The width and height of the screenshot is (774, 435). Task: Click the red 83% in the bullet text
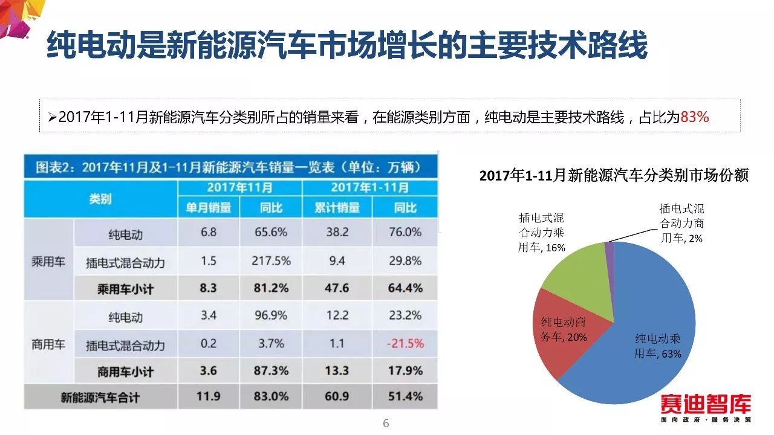point(694,117)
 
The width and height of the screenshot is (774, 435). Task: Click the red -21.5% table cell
point(405,344)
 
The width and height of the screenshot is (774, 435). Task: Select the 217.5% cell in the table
point(270,261)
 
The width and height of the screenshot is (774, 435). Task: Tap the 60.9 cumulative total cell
point(337,397)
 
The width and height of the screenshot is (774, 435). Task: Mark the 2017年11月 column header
point(239,187)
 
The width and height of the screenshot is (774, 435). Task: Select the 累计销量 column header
point(337,208)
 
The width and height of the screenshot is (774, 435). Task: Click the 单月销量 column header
point(208,208)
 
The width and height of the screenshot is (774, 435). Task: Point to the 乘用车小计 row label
point(125,289)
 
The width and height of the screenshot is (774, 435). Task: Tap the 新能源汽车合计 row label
point(100,398)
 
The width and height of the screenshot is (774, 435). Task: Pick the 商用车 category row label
point(48,344)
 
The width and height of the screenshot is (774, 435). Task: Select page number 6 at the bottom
point(386,424)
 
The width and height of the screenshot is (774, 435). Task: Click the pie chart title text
point(614,176)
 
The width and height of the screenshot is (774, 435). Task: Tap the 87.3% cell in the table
point(270,370)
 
